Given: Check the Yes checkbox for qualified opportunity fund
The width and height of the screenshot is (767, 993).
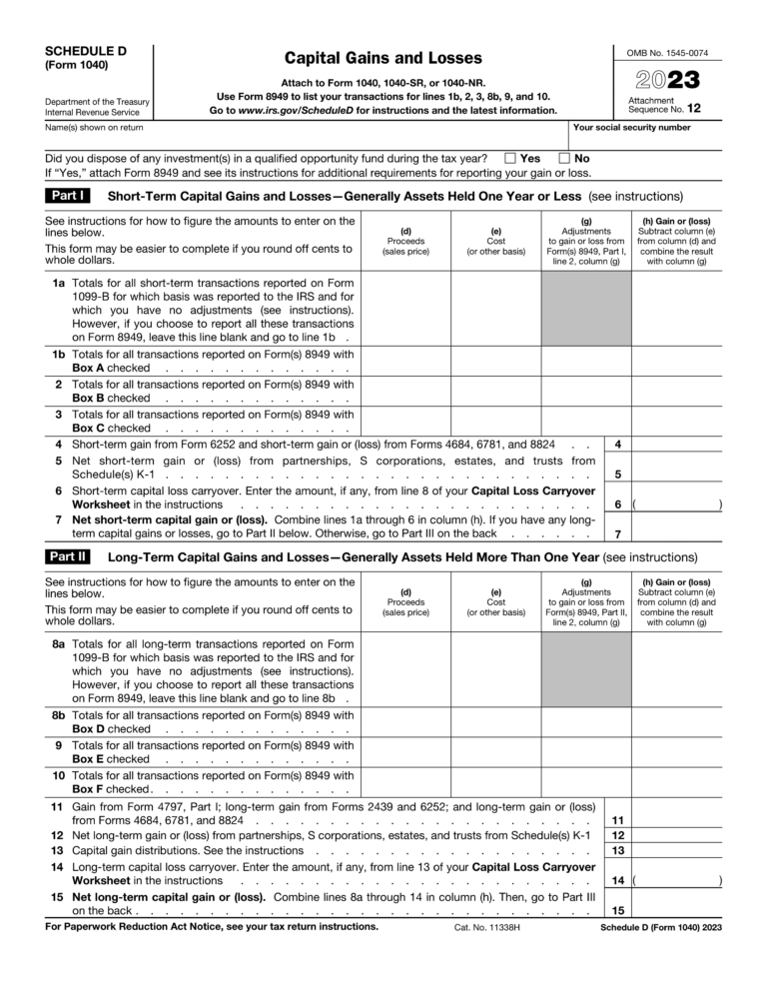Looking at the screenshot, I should pyautogui.click(x=510, y=158).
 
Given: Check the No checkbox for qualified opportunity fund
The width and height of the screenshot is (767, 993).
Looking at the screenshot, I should pyautogui.click(x=564, y=158).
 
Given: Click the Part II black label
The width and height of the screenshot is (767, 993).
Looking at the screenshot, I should pyautogui.click(x=70, y=556).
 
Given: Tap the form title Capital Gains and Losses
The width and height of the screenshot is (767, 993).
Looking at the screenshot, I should pyautogui.click(x=383, y=58).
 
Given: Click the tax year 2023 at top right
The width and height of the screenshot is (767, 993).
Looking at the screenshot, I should pyautogui.click(x=663, y=80).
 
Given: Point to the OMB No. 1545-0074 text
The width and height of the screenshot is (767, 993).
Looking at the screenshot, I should pyautogui.click(x=667, y=51).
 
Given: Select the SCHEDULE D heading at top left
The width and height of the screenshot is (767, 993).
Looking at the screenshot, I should pyautogui.click(x=86, y=51).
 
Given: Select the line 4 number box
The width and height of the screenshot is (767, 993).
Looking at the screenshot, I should pyautogui.click(x=618, y=444).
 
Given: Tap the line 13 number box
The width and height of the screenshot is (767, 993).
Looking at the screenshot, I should pyautogui.click(x=618, y=850).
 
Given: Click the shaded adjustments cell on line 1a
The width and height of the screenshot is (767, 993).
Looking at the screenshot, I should pyautogui.click(x=586, y=310).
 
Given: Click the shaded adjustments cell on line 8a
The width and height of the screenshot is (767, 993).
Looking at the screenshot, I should pyautogui.click(x=586, y=670).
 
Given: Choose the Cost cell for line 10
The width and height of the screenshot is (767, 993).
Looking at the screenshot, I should pyautogui.click(x=496, y=781).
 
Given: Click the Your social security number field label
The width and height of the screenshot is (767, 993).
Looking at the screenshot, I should pyautogui.click(x=631, y=128).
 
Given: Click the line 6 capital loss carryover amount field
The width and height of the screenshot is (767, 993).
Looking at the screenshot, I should pyautogui.click(x=676, y=504).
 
